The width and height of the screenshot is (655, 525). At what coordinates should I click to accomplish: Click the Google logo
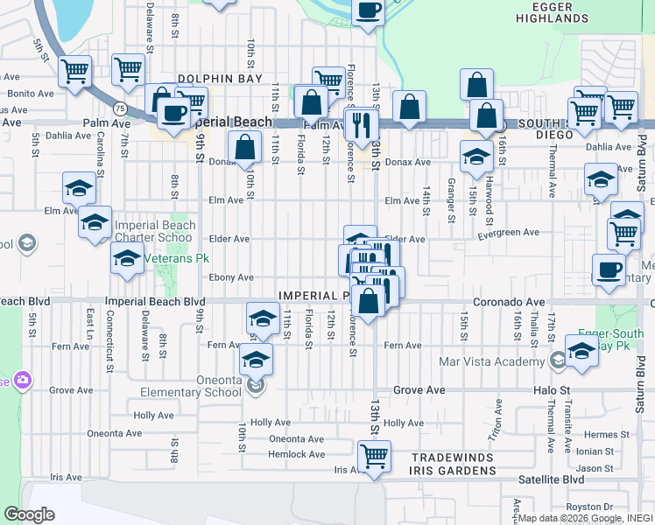(x=29, y=514)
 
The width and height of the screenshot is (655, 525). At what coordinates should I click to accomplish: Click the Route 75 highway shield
(x=118, y=108)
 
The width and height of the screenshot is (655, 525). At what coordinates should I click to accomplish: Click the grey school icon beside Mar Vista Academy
(x=557, y=360)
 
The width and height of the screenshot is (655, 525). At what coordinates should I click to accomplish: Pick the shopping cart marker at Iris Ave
(x=374, y=456)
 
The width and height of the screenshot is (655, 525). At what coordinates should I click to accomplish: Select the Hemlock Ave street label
(x=297, y=454)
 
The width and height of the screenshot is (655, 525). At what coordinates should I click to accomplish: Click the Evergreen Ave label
(x=509, y=233)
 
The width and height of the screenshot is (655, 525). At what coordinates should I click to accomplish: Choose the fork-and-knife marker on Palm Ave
(x=361, y=123)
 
